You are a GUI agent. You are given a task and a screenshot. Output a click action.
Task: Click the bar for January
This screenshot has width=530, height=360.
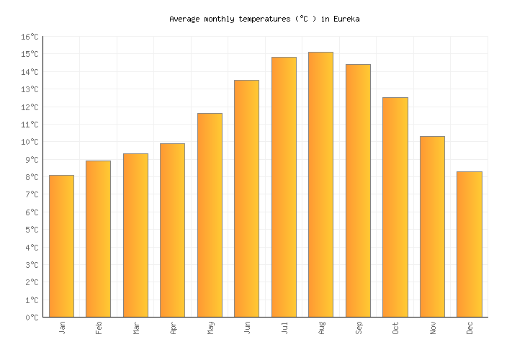pos(61,246)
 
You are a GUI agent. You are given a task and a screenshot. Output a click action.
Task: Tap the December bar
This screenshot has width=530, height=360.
pos(469,244)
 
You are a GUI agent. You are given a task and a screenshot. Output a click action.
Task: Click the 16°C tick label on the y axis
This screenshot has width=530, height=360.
pos(29,37)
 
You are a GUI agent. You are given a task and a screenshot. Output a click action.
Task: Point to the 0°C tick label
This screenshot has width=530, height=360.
pos(31,318)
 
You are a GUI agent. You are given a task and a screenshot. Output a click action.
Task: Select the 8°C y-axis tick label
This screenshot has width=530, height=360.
pos(31,177)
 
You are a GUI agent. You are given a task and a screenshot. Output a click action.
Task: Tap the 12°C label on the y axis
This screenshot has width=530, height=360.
pos(29,107)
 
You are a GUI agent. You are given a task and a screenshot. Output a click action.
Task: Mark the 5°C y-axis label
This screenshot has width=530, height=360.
pos(31,230)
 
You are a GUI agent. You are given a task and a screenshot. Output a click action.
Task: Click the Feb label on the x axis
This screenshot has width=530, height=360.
pos(99,328)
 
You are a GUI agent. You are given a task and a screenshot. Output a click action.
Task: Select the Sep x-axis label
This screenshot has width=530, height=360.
pos(358,328)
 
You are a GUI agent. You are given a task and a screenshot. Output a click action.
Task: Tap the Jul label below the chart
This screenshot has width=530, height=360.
pos(284,328)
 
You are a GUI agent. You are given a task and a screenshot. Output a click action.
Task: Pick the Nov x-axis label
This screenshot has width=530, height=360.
pos(432,328)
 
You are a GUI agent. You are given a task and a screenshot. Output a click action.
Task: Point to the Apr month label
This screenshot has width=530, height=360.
pos(173,328)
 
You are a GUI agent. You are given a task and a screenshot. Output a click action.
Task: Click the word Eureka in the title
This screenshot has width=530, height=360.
pos(346,19)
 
